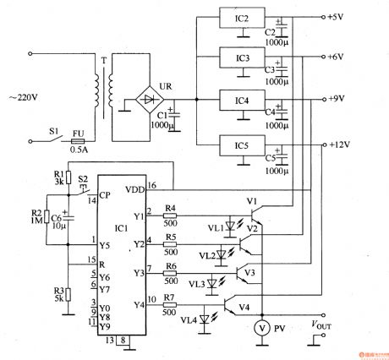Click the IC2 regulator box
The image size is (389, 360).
click(241, 19)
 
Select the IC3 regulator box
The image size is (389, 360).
click(241, 58)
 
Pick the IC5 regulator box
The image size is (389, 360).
click(241, 145)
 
